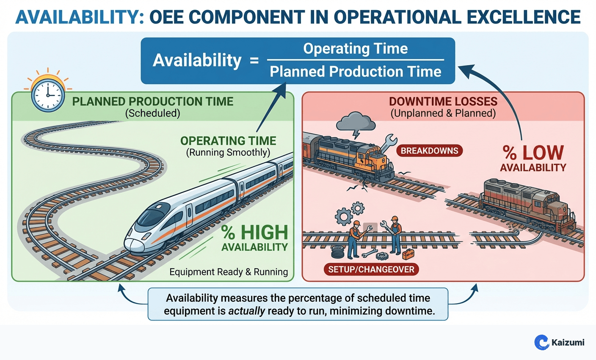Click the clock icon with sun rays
[48, 95]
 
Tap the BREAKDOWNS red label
[429, 151]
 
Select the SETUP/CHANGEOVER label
[371, 269]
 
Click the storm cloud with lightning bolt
[356, 123]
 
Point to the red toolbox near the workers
[408, 254]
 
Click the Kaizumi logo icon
[541, 342]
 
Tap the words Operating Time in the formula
[355, 49]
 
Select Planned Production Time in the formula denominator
[355, 71]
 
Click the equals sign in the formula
[254, 61]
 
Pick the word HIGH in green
[264, 232]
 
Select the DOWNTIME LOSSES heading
[443, 102]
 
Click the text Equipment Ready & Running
[229, 272]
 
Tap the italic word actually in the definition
[246, 311]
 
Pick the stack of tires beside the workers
[338, 252]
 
